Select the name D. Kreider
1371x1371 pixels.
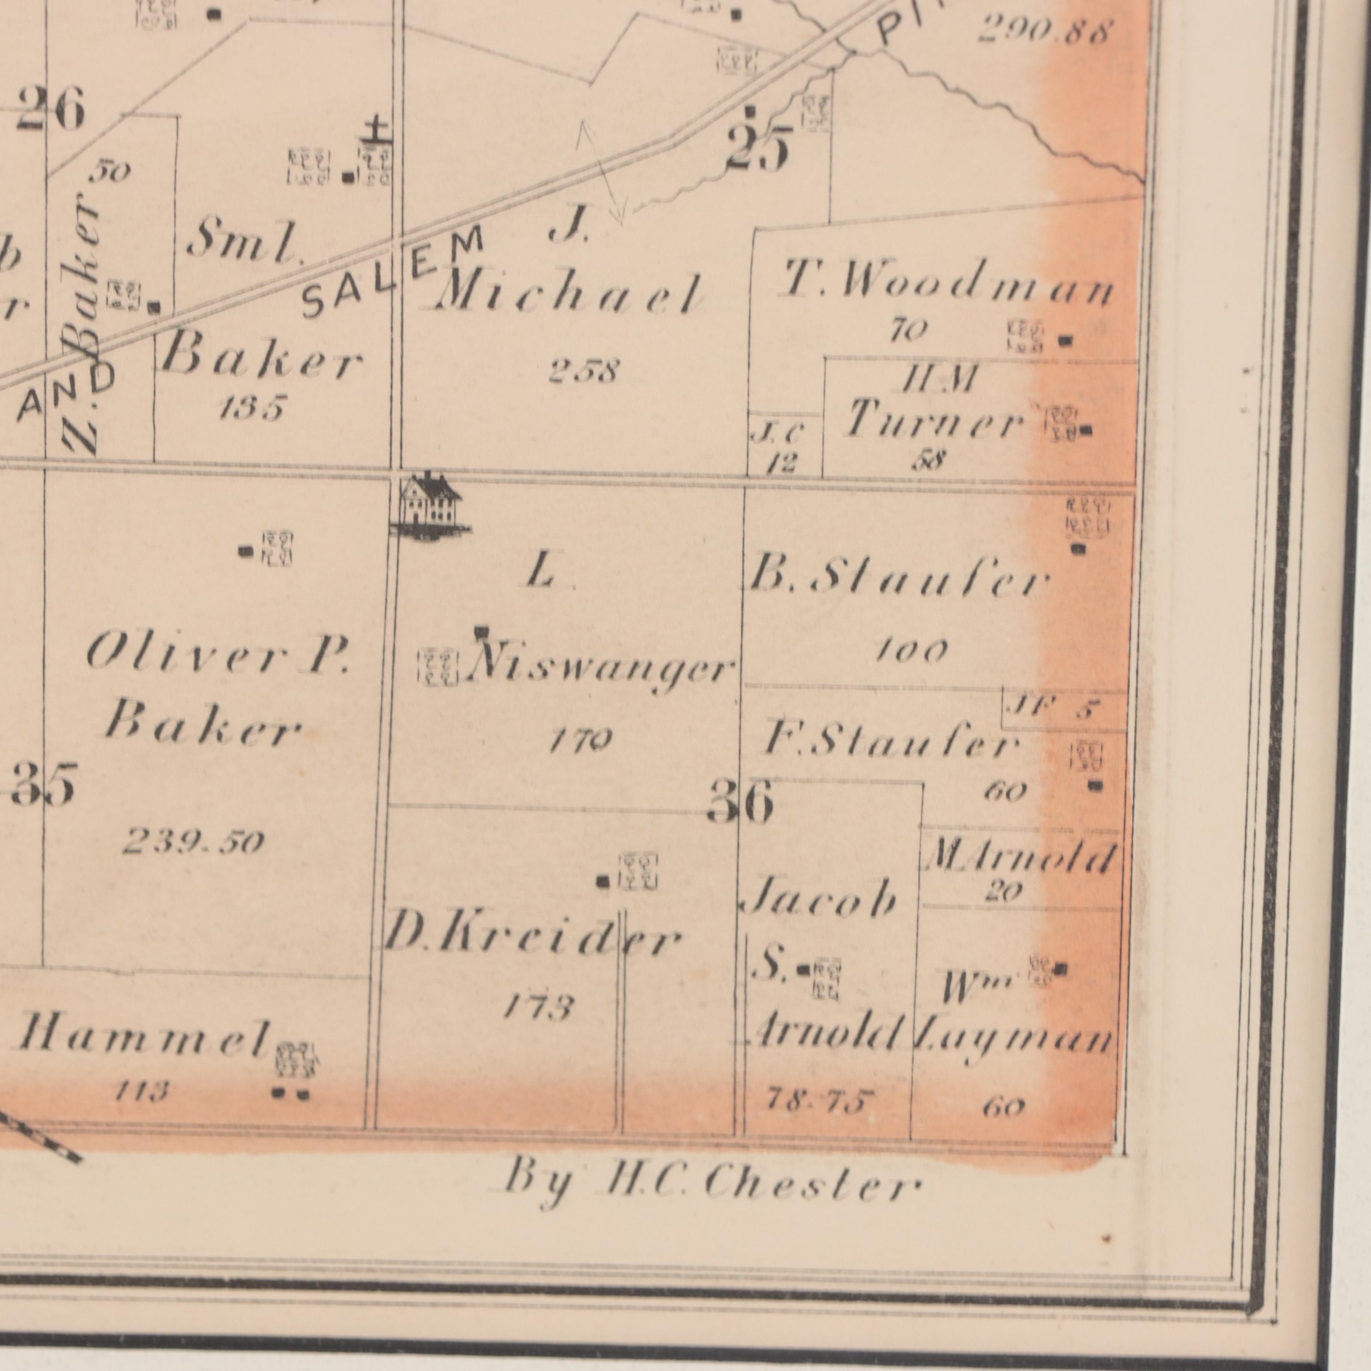point(531,941)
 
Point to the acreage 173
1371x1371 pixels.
point(538,1006)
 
